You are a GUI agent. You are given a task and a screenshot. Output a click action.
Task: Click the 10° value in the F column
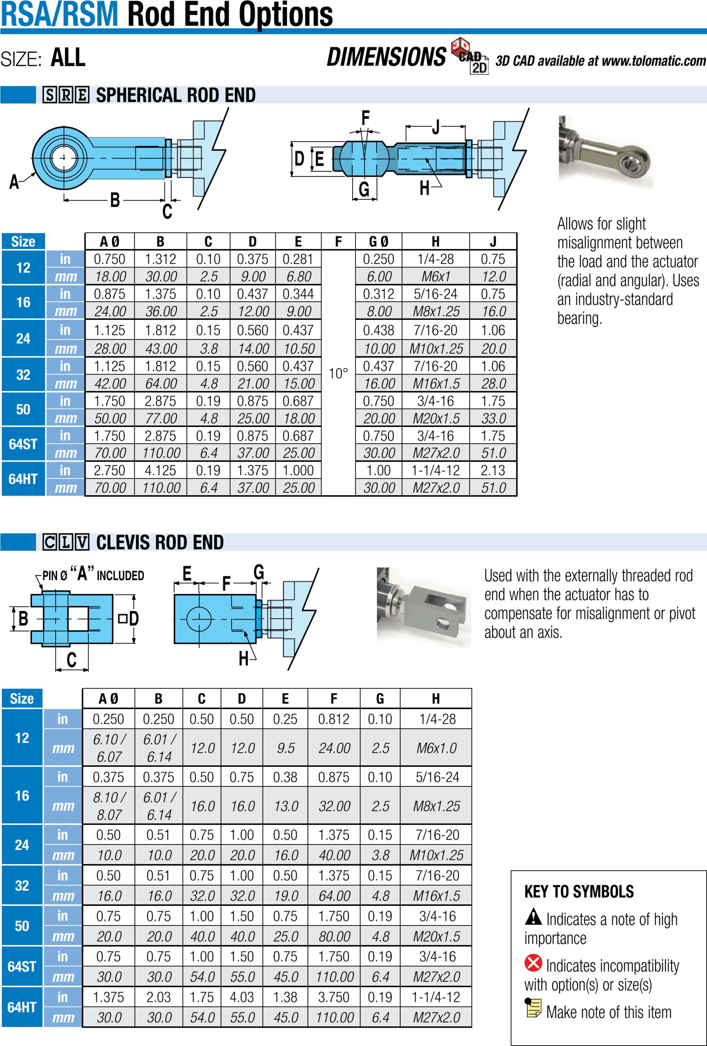338,373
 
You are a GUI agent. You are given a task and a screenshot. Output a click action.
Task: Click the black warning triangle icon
533,916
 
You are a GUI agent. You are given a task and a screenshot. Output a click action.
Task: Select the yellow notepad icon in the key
533,1008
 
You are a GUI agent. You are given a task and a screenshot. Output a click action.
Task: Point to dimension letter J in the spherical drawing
435,127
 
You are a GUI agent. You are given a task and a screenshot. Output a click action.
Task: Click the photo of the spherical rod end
605,152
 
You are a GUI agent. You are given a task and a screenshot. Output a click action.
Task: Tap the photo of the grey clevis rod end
423,607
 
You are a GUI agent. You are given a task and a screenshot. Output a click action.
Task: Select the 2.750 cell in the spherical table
109,470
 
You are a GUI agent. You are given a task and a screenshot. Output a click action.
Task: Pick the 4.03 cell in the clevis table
241,997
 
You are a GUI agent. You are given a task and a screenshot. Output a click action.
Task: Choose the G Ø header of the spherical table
378,242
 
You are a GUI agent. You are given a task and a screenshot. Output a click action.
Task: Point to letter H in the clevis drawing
243,659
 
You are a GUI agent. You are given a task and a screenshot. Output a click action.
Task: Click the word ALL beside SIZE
68,58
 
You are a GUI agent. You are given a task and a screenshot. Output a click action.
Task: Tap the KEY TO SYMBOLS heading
579,892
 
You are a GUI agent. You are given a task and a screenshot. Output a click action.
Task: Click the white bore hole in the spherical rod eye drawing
63,158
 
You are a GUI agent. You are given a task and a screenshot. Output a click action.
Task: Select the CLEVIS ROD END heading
160,542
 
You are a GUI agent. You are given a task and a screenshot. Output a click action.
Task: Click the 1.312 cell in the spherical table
160,259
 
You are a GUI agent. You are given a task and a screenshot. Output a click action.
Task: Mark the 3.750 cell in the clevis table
333,997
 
